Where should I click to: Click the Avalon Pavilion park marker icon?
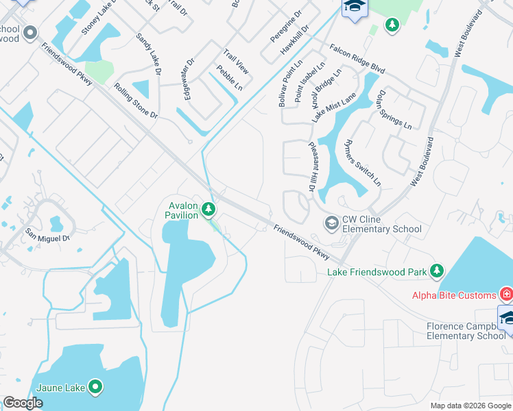[209, 209]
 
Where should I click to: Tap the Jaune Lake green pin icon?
[95, 387]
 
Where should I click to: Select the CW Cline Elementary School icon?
[331, 223]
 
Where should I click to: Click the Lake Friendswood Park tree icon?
[436, 272]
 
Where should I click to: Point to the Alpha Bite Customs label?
[454, 295]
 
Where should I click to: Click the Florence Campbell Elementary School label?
[466, 331]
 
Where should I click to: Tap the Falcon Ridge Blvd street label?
[357, 59]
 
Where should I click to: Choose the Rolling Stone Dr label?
[136, 101]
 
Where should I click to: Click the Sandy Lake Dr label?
[148, 54]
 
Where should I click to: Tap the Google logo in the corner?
[23, 403]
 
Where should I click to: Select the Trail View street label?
[235, 62]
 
